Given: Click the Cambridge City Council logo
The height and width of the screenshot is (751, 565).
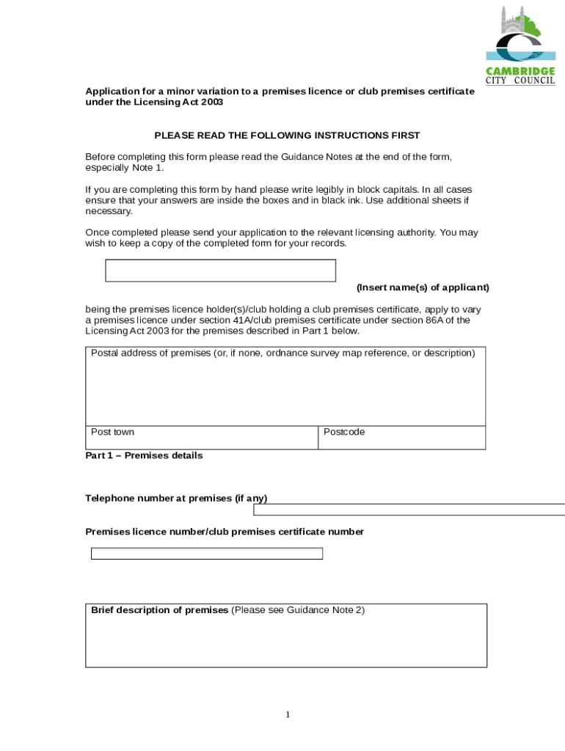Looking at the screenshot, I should pos(520,40).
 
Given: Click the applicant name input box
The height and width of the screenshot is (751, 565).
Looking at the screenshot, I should pos(220,271).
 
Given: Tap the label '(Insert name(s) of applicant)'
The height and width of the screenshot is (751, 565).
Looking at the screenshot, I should pos(423,287).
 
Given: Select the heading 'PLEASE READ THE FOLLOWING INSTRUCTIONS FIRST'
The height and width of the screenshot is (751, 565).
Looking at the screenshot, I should pos(287,136).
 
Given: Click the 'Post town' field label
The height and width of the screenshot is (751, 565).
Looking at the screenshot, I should pos(112,432).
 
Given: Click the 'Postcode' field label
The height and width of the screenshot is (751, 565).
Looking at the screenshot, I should pos(344,432).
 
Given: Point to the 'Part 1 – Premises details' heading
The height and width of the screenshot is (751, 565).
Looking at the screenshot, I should pos(144,455).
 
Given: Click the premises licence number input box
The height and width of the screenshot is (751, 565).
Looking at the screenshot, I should pos(206,554).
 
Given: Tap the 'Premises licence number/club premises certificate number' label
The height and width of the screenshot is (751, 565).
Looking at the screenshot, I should pos(225,532).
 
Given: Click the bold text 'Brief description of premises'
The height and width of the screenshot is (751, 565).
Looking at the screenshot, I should pos(159,610).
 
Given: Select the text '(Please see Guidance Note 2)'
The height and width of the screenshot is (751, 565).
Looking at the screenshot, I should pos(298,610).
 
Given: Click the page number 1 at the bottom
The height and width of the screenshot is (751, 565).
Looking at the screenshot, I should pos(288,715).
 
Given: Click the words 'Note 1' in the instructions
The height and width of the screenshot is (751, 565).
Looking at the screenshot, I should pos(147,168).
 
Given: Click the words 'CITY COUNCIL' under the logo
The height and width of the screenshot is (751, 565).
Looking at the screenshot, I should pos(520,81).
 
